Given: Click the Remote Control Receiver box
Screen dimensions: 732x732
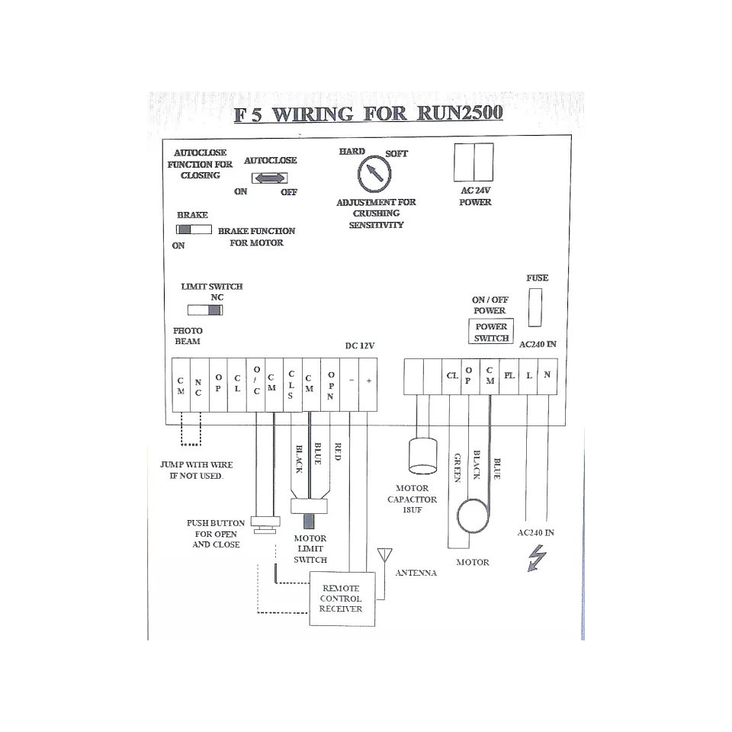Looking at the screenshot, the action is click(x=342, y=599).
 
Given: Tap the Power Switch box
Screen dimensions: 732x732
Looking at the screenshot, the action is click(x=490, y=332).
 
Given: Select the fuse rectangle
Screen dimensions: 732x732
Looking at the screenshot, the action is click(x=535, y=307).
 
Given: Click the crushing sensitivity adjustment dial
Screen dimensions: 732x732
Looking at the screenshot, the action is click(x=374, y=174).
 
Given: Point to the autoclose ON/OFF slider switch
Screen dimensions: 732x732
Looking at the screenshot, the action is click(x=269, y=178).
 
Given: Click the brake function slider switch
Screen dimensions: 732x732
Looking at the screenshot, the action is click(x=194, y=230).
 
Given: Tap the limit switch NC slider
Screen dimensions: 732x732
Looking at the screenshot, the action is click(x=205, y=310).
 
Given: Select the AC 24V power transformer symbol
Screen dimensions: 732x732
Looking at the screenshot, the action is click(x=474, y=162).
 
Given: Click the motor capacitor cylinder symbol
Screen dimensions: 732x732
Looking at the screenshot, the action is click(x=422, y=455).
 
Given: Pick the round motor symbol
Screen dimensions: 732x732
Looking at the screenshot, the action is click(x=473, y=516).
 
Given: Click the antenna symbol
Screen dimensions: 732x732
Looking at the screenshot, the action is click(x=384, y=556).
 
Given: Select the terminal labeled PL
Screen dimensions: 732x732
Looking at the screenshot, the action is click(x=509, y=376).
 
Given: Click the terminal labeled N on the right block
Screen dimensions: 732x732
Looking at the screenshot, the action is click(x=547, y=376).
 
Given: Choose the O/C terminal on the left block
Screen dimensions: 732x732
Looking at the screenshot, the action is click(x=256, y=385).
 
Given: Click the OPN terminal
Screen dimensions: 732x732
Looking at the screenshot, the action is click(x=330, y=385).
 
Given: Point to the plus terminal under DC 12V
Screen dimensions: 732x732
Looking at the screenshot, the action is click(x=368, y=385).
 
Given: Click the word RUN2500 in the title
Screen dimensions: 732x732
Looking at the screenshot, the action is click(x=460, y=113).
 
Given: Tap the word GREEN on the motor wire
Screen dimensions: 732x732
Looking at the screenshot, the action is click(x=457, y=467).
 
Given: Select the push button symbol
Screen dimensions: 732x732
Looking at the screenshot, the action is click(x=265, y=525).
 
